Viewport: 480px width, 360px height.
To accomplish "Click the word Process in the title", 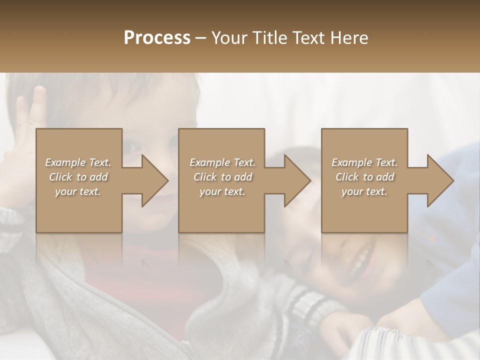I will [157, 38].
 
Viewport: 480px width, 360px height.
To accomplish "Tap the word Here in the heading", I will [349, 38].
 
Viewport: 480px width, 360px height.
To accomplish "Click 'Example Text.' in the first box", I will [78, 162].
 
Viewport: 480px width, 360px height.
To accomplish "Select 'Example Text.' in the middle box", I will [222, 162].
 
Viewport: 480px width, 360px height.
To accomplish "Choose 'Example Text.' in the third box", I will [364, 162].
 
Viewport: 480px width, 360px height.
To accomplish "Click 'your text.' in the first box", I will [78, 192].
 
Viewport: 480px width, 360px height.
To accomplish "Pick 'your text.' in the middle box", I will [222, 192].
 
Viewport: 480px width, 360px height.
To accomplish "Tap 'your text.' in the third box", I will [364, 192].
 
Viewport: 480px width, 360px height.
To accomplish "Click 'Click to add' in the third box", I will [364, 177].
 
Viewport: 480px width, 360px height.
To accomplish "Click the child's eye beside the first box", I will [131, 146].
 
